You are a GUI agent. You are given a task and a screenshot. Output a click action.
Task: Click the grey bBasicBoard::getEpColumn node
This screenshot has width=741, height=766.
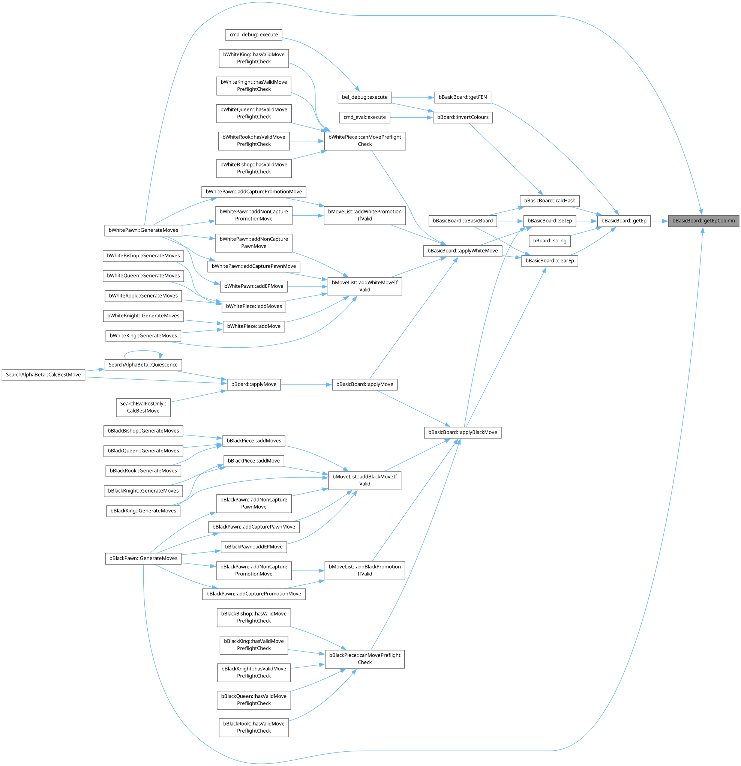click(x=703, y=221)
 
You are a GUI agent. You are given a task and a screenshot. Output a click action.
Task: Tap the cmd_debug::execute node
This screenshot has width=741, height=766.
click(x=253, y=35)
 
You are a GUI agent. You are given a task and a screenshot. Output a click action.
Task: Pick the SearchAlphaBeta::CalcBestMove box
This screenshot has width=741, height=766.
click(x=43, y=375)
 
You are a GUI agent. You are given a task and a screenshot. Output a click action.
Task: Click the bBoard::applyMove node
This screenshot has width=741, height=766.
click(x=253, y=385)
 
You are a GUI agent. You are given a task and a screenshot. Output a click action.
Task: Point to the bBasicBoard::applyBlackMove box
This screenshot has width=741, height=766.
click(x=462, y=433)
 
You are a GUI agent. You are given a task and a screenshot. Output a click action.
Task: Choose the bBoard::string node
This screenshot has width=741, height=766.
click(x=549, y=241)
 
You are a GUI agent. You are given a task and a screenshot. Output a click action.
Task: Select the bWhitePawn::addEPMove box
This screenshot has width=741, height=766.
click(x=253, y=287)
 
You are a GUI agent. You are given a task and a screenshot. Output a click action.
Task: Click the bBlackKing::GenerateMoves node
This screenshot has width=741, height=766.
click(x=143, y=511)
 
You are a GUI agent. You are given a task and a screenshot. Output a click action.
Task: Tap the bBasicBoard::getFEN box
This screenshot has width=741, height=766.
click(x=462, y=97)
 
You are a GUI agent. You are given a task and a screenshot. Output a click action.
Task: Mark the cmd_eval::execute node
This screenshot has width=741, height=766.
click(x=364, y=117)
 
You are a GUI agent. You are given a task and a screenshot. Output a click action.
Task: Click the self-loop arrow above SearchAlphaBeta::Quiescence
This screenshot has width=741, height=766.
click(x=142, y=351)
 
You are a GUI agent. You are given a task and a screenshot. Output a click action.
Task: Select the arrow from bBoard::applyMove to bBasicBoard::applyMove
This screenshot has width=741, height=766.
click(x=306, y=385)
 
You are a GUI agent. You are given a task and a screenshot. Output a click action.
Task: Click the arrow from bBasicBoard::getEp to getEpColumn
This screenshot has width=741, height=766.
click(x=659, y=221)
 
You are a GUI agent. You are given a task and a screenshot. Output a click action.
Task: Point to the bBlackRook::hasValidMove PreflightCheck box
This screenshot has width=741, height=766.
click(x=253, y=727)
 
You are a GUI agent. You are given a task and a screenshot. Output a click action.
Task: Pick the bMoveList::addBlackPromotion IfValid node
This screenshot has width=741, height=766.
click(x=364, y=571)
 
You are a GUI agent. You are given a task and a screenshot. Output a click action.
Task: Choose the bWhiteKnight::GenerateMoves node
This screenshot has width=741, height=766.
click(x=143, y=316)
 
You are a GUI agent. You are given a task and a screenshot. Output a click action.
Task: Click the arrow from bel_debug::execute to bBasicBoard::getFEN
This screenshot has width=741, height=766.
click(x=412, y=97)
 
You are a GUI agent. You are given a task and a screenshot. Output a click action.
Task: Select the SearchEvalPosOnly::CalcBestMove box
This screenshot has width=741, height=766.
click(x=143, y=407)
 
